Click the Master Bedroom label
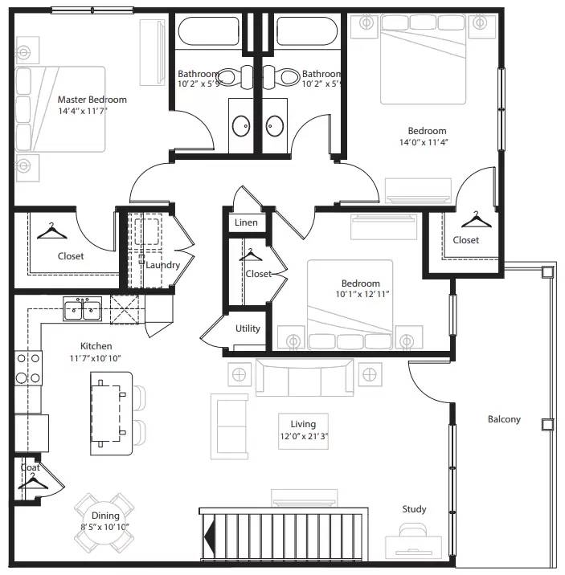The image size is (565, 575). tap(92, 100)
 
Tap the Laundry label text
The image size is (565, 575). tap(163, 265)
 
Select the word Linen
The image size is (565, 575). tap(246, 222)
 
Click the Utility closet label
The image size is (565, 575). tap(248, 328)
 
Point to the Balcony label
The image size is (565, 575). tap(504, 419)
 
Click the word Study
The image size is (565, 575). tap(414, 509)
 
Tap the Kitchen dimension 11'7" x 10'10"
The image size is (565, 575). tap(96, 357)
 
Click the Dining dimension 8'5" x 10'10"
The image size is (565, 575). tap(104, 527)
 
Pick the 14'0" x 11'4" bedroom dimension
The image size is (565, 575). tap(427, 143)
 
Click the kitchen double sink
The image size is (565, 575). tap(82, 307)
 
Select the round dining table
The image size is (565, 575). tap(104, 520)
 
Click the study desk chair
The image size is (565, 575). tap(414, 530)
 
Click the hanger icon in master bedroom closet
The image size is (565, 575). tap(52, 231)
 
